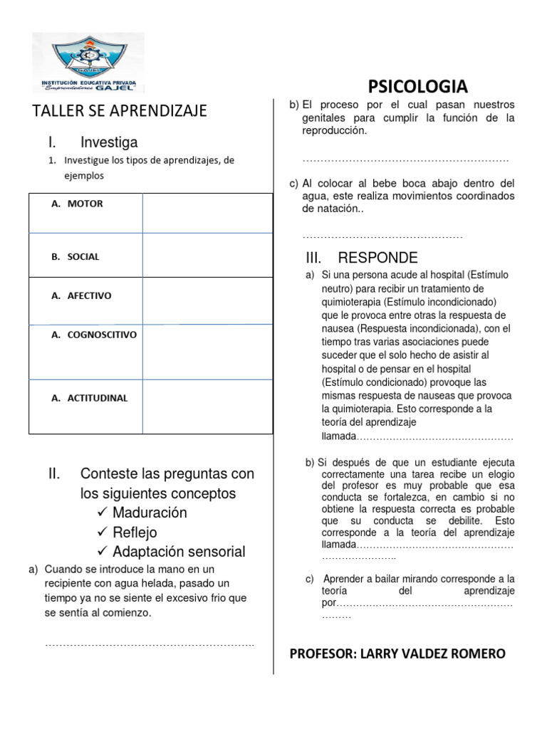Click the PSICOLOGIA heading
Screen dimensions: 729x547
click(x=418, y=87)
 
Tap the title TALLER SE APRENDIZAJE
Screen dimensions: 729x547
click(x=120, y=111)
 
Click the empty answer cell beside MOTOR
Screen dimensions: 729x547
click(x=207, y=213)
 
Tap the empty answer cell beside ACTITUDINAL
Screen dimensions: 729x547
click(x=207, y=407)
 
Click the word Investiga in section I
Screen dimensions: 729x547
click(x=109, y=142)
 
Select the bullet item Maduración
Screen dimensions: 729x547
click(x=150, y=513)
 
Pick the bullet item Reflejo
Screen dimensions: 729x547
click(x=135, y=533)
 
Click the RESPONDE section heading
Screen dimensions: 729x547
click(x=377, y=258)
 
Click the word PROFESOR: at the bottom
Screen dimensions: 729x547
click(x=323, y=654)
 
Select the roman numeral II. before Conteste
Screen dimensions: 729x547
click(x=56, y=474)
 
